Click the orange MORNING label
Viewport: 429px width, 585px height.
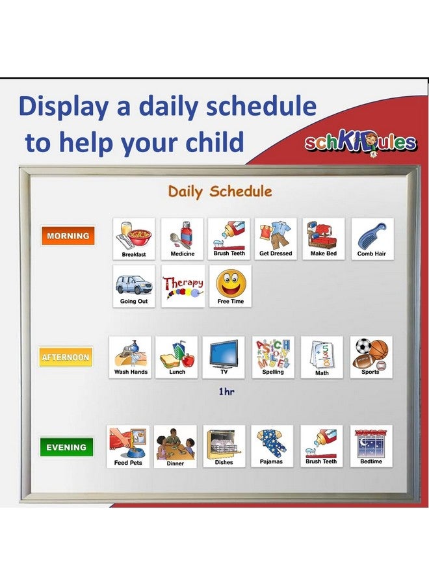68,236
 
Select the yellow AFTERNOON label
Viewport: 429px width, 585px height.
66,357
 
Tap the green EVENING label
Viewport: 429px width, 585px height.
66,447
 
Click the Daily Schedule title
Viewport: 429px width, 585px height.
220,192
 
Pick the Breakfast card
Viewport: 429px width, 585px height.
134,239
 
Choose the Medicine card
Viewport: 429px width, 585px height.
182,239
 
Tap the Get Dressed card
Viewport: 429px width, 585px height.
276,239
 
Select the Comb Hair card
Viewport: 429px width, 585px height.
372,239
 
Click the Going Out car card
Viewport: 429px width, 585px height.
134,286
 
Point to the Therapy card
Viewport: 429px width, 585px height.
183,286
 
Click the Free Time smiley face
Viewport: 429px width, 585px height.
230,286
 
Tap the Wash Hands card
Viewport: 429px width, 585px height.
131,357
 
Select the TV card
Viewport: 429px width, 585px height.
224,357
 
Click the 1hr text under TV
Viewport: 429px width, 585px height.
226,392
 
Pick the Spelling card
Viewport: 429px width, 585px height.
273,357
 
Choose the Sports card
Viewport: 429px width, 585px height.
371,357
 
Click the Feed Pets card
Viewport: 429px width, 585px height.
128,447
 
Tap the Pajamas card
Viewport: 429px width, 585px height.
272,447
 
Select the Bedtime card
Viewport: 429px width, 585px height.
371,447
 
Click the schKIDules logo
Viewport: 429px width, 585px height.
361,142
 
